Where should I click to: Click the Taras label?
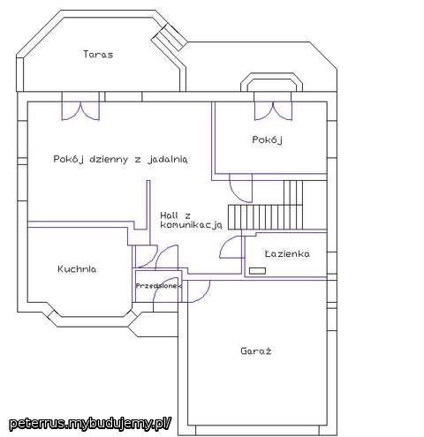[x=98, y=55]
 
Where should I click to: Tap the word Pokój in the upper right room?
[x=268, y=139]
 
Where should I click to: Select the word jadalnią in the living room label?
[x=168, y=159]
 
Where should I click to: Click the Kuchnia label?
[x=77, y=269]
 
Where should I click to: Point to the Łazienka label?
[x=287, y=253]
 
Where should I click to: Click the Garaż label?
[x=256, y=350]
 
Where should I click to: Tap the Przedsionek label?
[x=159, y=286]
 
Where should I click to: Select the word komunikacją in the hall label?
[x=191, y=225]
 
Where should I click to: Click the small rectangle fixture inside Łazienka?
[x=258, y=271]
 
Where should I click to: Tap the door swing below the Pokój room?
[x=241, y=188]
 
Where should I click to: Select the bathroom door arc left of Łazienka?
[x=231, y=247]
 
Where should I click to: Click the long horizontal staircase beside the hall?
[x=265, y=217]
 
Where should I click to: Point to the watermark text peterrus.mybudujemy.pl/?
[x=90, y=423]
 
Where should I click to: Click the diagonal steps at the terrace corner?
[x=169, y=37]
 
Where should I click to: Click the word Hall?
[x=169, y=215]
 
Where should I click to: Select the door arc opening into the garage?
[x=199, y=291]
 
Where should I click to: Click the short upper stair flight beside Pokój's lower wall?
[x=293, y=192]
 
